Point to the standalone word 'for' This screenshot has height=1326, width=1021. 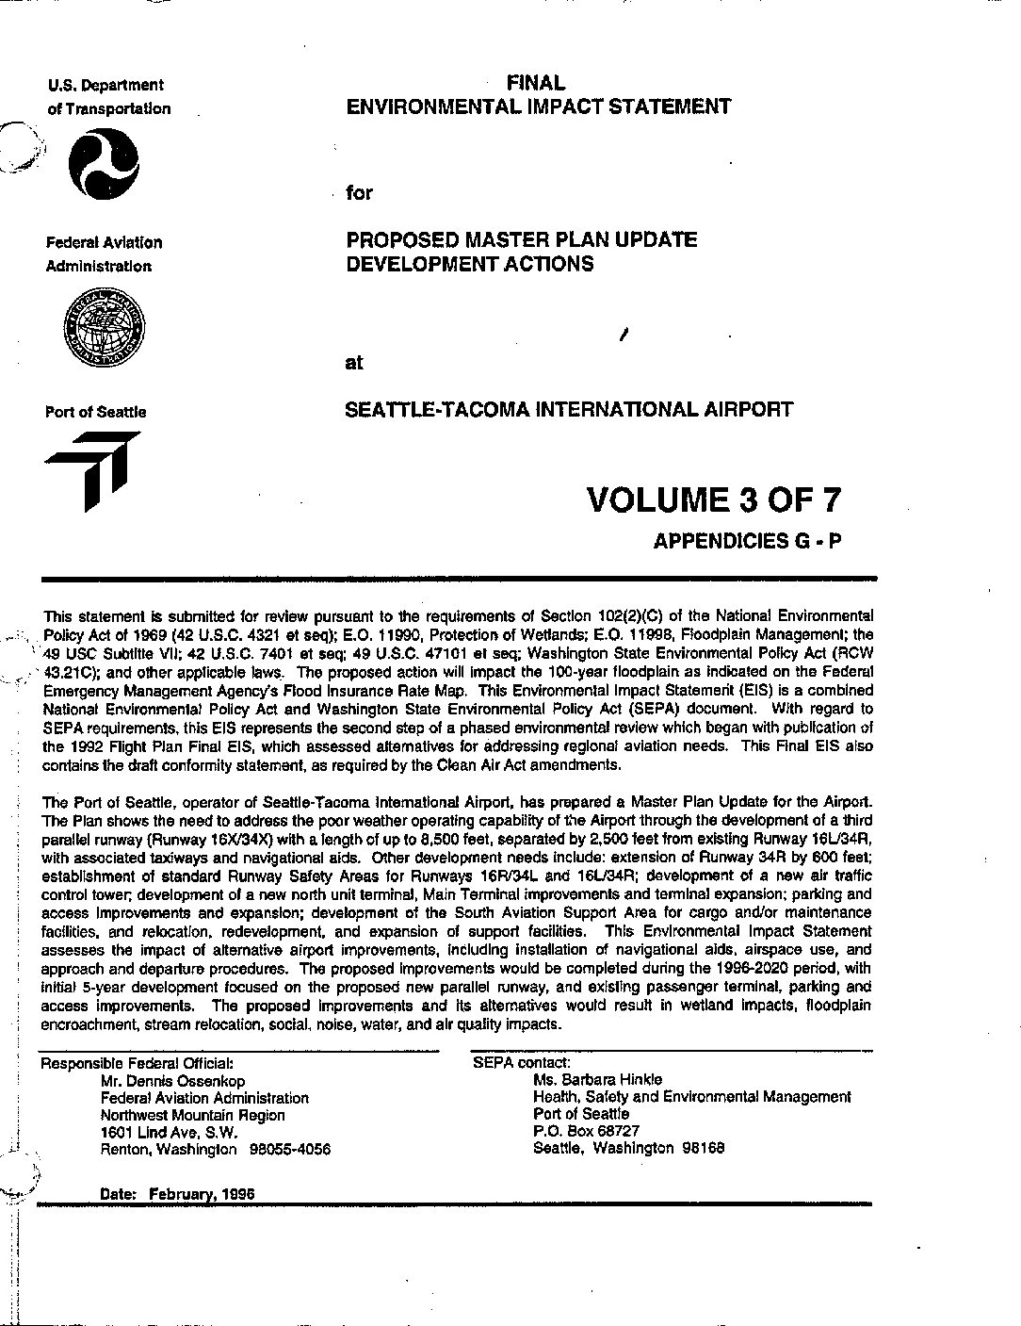[x=359, y=193]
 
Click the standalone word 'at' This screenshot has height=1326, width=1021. [x=354, y=363]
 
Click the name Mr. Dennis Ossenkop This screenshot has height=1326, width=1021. [x=173, y=1081]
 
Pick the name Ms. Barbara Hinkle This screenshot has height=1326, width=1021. [x=597, y=1079]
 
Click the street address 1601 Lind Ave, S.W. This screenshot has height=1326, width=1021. [x=169, y=1133]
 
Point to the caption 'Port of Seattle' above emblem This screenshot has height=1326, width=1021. [x=95, y=412]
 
